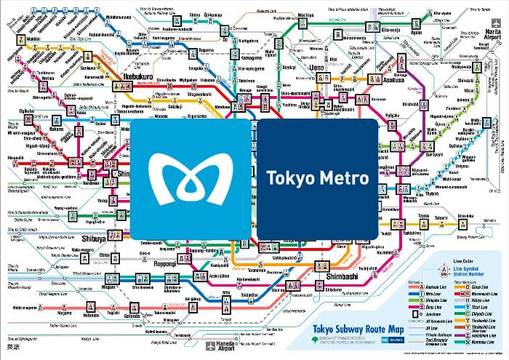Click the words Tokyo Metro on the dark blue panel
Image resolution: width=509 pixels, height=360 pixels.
point(317,177)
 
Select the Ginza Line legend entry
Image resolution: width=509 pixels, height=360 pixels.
point(466,287)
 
